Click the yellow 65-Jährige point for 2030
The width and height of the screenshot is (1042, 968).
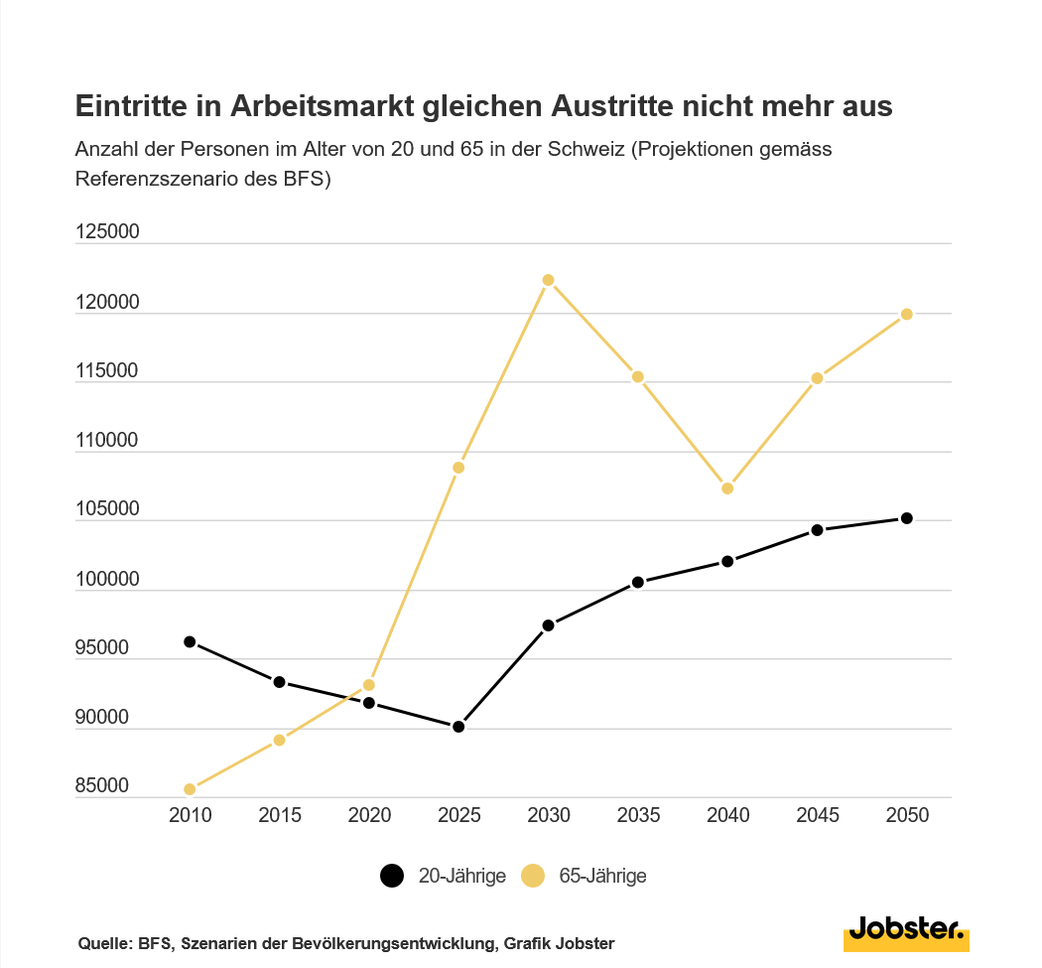548,280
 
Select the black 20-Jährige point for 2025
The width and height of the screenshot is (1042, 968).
458,727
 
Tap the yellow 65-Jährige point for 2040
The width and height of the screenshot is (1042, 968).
727,488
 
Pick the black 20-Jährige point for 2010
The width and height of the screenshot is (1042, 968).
190,642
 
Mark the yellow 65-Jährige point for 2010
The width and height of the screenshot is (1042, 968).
190,789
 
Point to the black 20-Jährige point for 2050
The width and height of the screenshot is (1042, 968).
907,518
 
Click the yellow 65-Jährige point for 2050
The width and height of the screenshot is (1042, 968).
907,315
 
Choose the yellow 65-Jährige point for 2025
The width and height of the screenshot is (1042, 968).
458,468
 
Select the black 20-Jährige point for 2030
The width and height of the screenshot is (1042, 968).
548,625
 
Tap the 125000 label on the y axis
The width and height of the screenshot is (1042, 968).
107,232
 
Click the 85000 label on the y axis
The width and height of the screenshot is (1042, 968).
102,786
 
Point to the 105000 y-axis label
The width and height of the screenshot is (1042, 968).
107,509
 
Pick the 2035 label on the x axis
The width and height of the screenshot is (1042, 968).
638,816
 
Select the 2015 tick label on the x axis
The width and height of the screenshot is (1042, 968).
279,816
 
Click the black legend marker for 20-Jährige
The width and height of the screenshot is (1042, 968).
392,876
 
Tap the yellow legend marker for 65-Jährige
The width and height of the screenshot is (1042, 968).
533,876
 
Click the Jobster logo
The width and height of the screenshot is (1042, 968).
906,932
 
